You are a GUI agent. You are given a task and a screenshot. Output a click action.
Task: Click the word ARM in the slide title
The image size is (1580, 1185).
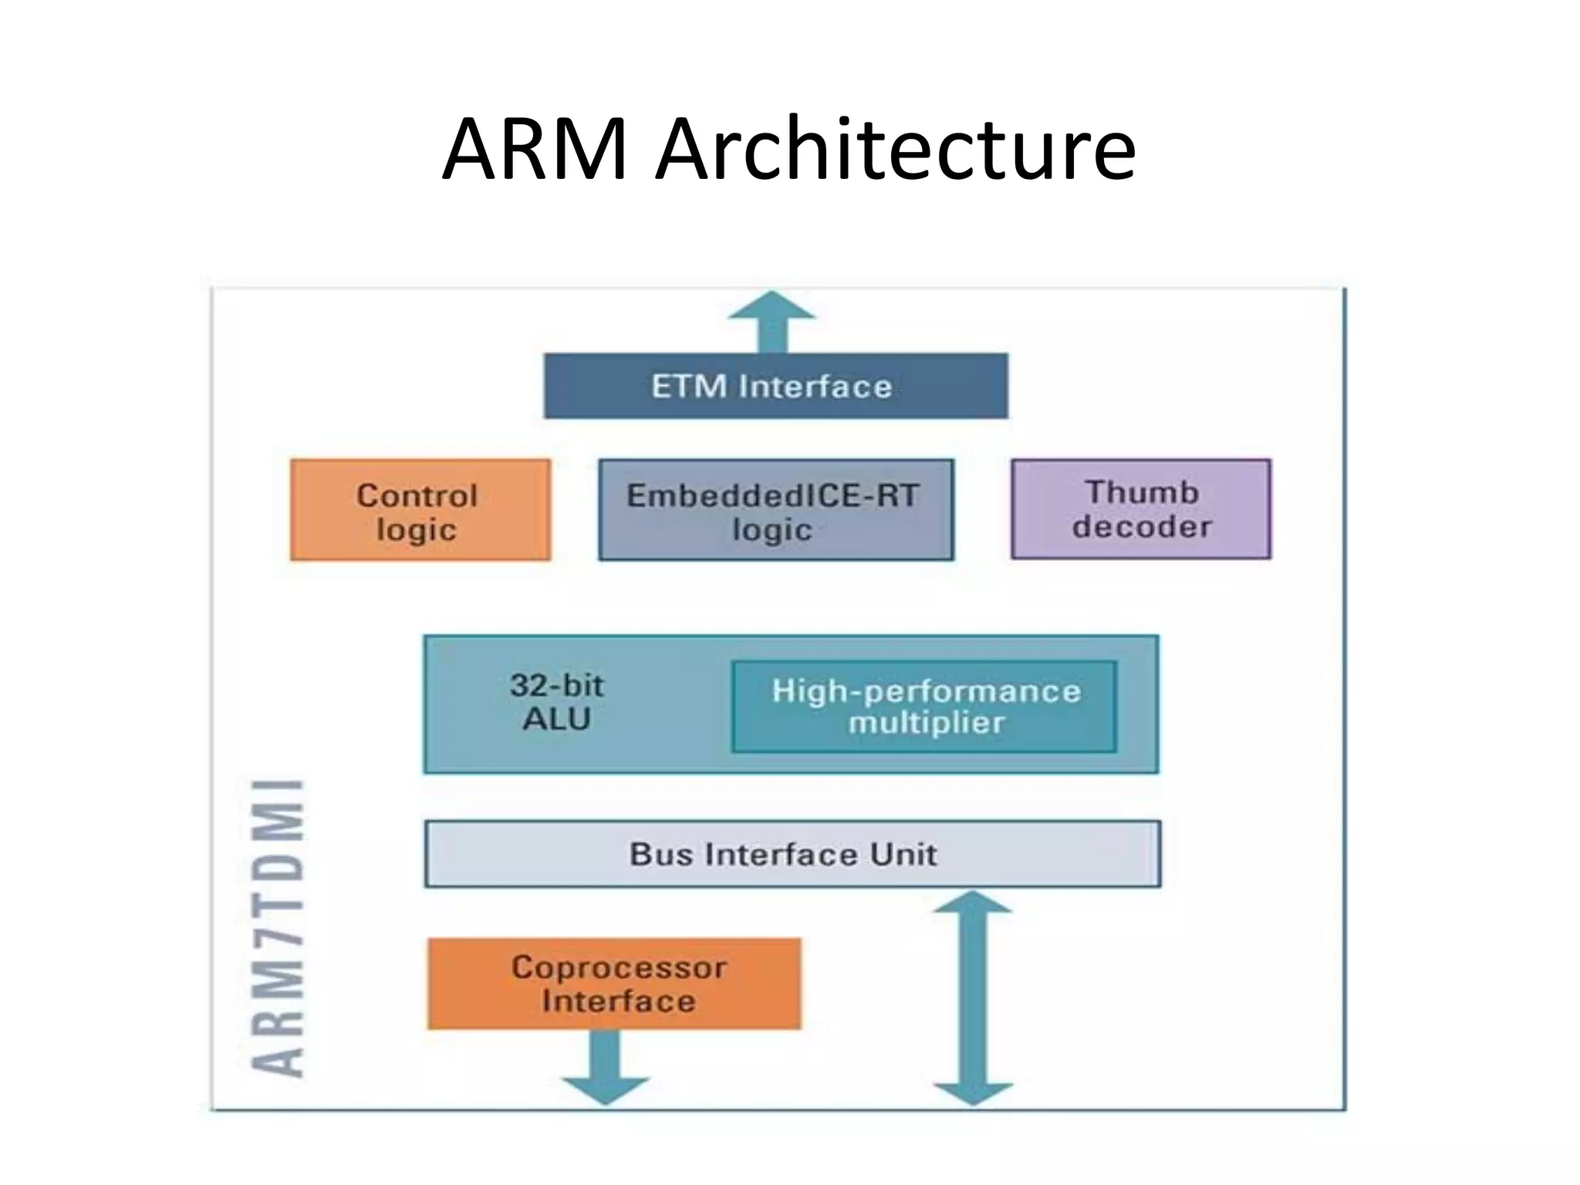tap(535, 150)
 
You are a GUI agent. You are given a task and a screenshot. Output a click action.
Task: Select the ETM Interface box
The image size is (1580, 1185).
tap(775, 386)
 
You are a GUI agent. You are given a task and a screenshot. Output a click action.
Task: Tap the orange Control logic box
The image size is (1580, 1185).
tap(420, 510)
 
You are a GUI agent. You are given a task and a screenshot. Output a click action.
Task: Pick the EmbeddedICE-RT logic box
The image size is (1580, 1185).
tap(775, 510)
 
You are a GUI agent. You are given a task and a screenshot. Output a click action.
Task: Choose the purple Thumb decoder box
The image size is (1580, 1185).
tap(1141, 509)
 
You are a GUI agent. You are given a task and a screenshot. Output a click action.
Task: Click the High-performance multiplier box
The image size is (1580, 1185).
tap(924, 706)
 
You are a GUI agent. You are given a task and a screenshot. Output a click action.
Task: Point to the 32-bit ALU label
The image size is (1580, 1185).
tap(557, 702)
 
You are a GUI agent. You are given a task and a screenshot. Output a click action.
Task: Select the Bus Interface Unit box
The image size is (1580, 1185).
tap(792, 854)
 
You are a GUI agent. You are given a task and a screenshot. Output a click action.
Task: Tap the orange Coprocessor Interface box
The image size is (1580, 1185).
tap(614, 984)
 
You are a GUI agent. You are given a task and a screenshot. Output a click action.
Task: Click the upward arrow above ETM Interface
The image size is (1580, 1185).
tap(771, 320)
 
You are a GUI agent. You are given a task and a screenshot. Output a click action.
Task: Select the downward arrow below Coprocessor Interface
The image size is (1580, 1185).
tap(605, 1069)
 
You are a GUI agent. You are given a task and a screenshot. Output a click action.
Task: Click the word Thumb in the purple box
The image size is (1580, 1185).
tap(1142, 492)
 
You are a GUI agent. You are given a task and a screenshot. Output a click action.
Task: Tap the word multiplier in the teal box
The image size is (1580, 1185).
tap(927, 724)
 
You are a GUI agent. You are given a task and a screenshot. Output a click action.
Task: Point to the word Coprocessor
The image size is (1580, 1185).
tap(619, 967)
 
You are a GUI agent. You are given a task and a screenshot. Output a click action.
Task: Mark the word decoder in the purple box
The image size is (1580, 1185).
tap(1142, 527)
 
